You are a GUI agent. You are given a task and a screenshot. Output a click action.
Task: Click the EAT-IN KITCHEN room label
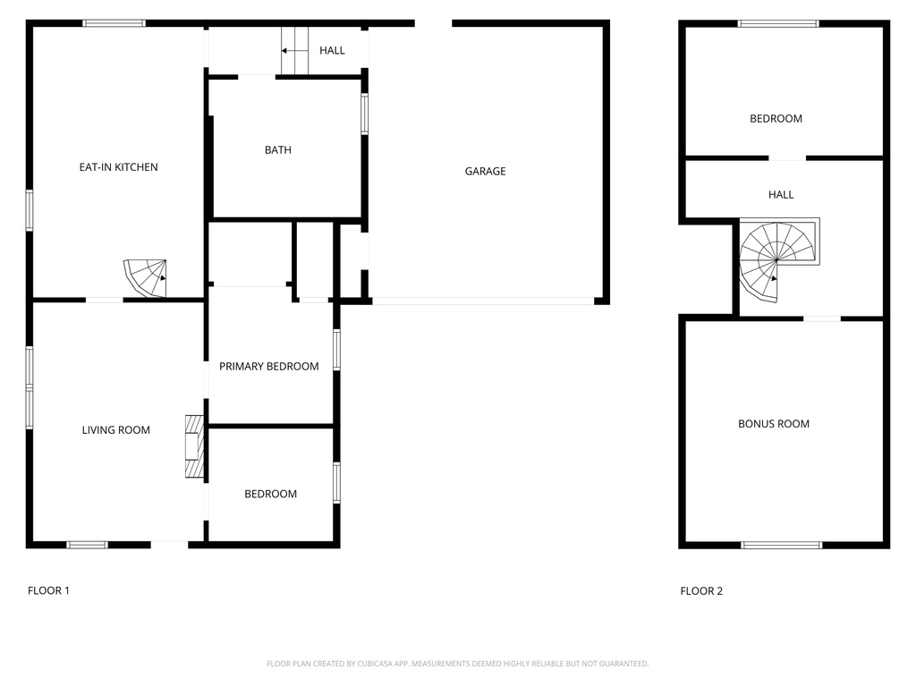tap(118, 167)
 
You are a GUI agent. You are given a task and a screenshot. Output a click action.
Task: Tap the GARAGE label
tap(485, 171)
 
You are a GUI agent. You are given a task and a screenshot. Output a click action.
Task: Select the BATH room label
tap(277, 150)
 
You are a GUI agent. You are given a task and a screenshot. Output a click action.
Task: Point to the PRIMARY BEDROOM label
tap(269, 366)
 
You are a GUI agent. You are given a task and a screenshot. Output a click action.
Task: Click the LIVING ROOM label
tap(116, 430)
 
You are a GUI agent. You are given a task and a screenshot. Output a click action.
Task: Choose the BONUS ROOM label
tap(774, 424)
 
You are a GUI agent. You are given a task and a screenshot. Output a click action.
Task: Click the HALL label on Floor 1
tap(332, 51)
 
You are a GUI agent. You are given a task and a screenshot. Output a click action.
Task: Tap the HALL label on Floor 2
tap(781, 195)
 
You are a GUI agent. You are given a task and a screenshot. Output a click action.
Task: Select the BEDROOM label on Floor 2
tap(776, 119)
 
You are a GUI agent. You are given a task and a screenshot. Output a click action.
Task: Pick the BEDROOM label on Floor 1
tap(270, 494)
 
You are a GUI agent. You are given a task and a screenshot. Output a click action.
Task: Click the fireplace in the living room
tap(194, 448)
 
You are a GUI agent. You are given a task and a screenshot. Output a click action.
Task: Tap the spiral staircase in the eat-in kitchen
tap(146, 276)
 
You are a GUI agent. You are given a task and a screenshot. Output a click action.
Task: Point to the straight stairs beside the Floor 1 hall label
tap(294, 51)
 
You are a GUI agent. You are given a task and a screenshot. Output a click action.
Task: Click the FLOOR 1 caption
tap(48, 590)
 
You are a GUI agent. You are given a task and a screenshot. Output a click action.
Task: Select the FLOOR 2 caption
tap(702, 590)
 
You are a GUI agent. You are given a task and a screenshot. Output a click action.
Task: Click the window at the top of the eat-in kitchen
tap(114, 23)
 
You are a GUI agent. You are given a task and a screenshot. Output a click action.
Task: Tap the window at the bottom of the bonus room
tap(781, 544)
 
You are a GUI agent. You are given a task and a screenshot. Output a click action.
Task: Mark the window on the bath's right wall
tap(364, 114)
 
